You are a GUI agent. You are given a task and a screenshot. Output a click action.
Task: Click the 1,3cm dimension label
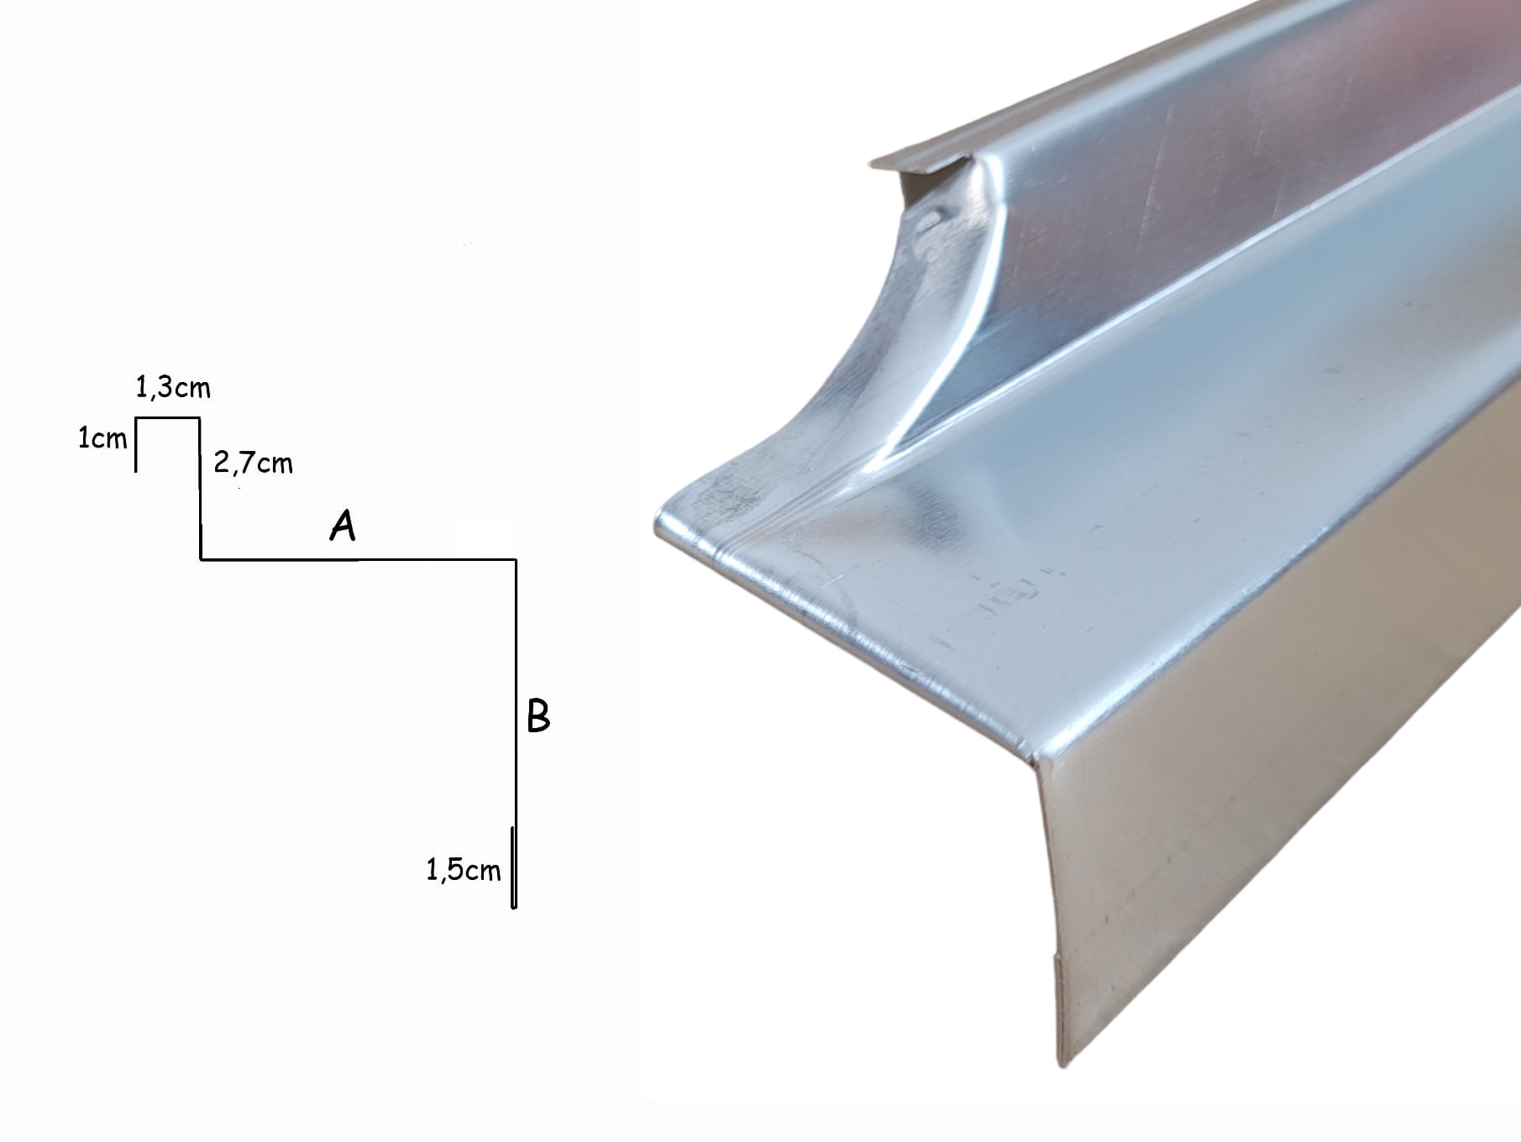(x=173, y=387)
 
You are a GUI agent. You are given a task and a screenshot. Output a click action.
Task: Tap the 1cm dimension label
(x=102, y=437)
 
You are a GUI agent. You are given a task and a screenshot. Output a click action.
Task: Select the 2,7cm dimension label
(x=253, y=463)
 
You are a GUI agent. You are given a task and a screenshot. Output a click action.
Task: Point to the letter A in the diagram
(x=343, y=526)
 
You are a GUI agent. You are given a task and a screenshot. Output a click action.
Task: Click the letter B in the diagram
(x=538, y=716)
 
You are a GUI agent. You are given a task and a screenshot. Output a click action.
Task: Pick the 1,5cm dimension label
(x=463, y=870)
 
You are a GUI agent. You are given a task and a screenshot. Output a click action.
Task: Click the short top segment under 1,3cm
(x=168, y=417)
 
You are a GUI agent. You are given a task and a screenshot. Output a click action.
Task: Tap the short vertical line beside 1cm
(x=136, y=444)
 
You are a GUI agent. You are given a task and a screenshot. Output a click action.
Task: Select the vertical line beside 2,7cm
(x=200, y=488)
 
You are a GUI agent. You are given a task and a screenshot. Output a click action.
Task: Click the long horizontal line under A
(x=358, y=558)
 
